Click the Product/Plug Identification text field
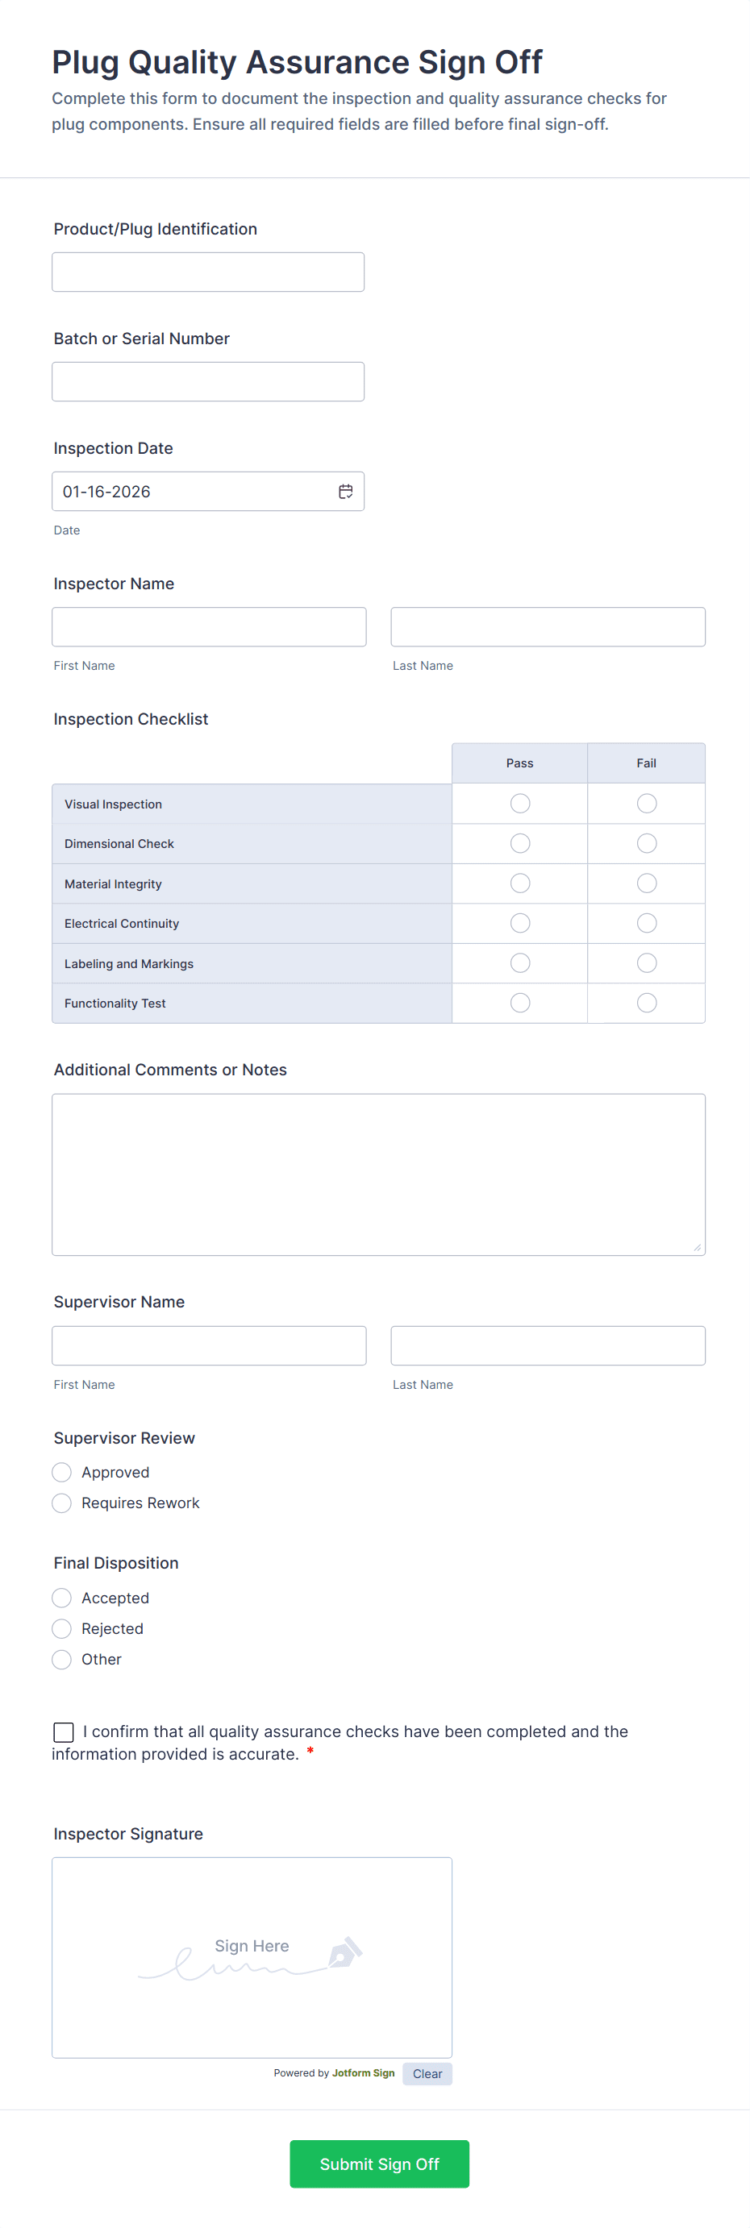[207, 272]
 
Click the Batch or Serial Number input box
[207, 381]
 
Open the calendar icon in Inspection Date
[345, 491]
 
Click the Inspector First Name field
[209, 627]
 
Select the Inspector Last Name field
[548, 627]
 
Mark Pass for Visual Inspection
[520, 804]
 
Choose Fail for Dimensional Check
[646, 843]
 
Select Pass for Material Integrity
[520, 883]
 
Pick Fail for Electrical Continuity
[646, 923]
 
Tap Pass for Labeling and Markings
[520, 962]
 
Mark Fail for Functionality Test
[646, 1003]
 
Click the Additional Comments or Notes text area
[378, 1174]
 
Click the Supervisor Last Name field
[548, 1346]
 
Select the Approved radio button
[61, 1472]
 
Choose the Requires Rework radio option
[61, 1503]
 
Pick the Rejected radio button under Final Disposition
[61, 1628]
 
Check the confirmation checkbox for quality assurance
[63, 1731]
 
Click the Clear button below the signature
[427, 2073]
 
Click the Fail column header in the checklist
[646, 763]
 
